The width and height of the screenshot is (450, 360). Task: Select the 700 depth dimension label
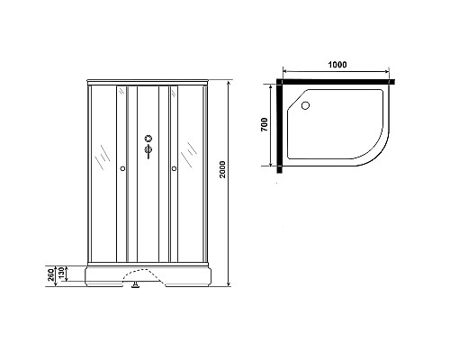265,124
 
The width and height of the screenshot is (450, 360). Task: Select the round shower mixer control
148,139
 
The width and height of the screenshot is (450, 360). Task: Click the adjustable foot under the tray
136,287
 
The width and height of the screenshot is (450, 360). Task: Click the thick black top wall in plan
337,80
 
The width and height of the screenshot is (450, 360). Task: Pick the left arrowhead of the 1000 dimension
285,72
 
